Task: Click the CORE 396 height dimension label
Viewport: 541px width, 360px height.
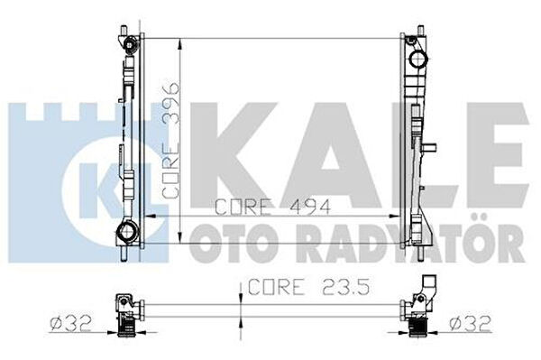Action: pos(170,140)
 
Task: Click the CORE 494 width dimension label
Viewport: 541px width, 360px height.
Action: pos(272,207)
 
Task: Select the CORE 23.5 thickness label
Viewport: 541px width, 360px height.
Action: pos(308,287)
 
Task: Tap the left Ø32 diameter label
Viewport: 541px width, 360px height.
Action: pos(71,323)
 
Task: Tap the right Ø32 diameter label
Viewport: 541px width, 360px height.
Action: pos(470,324)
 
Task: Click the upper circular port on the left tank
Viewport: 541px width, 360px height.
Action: pos(130,45)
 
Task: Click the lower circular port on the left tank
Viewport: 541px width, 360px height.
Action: pos(126,231)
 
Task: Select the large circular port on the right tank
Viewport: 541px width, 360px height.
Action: pos(419,59)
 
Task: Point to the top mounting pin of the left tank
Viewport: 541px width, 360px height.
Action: pos(124,31)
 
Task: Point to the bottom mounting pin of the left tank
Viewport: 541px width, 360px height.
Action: pos(124,254)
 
